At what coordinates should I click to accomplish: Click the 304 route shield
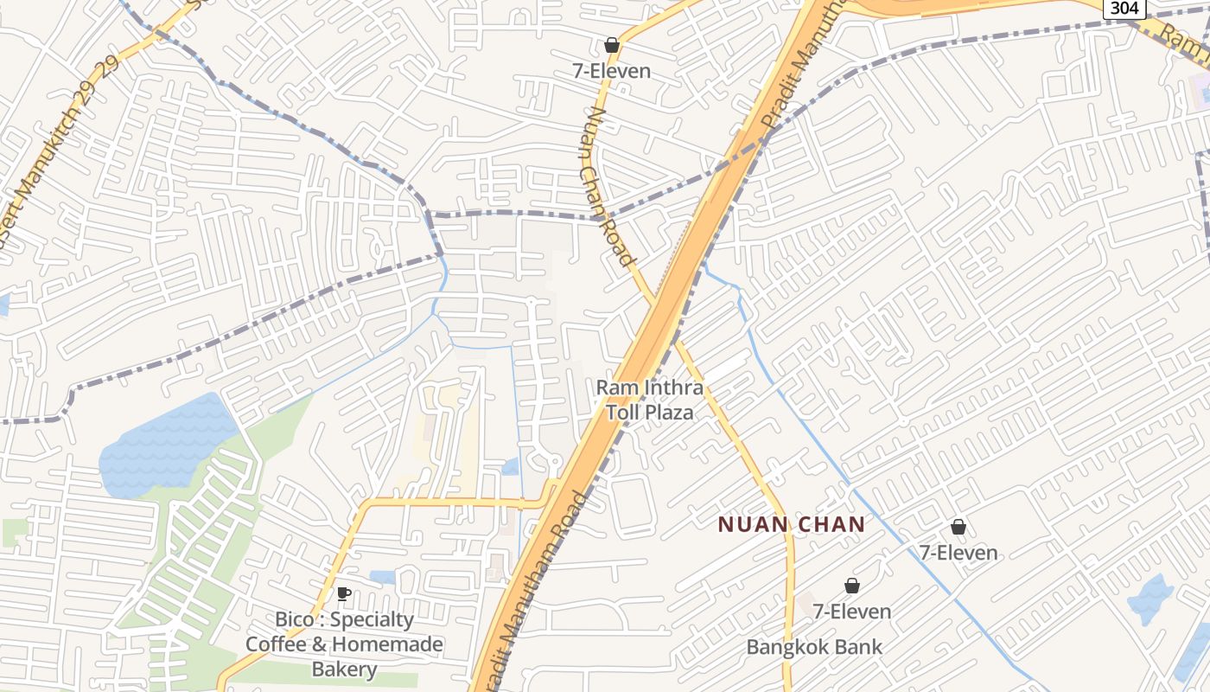tap(1124, 8)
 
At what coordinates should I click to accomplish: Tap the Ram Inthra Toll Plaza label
tap(650, 400)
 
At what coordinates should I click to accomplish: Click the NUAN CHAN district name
tap(792, 524)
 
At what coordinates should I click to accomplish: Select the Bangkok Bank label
tap(814, 647)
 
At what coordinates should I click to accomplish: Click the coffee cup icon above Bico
tap(343, 593)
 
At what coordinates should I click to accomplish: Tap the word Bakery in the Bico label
tap(344, 670)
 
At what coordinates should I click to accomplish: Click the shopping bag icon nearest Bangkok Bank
tap(852, 586)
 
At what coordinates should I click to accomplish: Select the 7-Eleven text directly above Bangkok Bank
tap(852, 612)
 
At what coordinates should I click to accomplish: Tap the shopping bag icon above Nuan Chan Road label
tap(612, 45)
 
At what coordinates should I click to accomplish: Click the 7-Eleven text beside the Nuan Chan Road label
tap(612, 71)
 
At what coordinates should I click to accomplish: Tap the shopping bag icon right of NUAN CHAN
tap(958, 527)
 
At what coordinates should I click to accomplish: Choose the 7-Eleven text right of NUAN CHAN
tap(958, 553)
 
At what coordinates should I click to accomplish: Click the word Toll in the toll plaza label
tap(624, 413)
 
